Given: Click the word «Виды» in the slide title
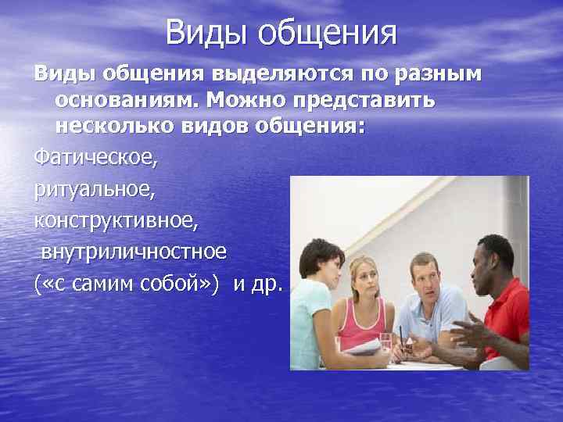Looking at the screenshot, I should tap(206, 33).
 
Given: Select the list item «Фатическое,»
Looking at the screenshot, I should tap(95, 159).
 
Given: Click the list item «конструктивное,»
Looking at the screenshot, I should tap(116, 221).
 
